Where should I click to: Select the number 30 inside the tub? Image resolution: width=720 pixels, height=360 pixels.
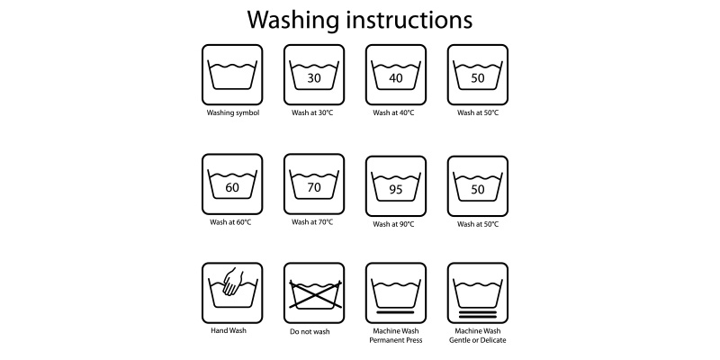314,78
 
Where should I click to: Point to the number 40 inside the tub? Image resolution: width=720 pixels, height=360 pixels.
396,78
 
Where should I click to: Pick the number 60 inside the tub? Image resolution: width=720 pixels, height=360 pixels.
232,188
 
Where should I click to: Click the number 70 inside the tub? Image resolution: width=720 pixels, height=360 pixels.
314,188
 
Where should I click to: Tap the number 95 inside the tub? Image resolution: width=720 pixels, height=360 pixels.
396,190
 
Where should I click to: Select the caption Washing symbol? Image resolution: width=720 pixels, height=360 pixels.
233,113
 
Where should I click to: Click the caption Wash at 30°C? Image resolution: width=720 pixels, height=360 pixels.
312,113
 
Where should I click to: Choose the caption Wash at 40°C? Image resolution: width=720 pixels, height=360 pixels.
393,113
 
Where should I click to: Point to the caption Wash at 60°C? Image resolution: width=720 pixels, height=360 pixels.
230,222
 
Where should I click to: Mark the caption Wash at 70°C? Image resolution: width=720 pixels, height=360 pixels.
312,222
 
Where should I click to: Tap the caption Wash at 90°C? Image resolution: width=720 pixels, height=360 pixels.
393,224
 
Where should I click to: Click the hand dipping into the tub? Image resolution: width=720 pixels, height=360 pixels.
233,282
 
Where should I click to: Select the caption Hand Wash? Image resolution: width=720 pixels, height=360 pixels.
229,330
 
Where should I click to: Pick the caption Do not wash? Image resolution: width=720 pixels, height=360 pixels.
310,331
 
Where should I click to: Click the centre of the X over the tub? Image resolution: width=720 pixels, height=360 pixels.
316,294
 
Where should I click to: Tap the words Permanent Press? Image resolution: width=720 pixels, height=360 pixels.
396,340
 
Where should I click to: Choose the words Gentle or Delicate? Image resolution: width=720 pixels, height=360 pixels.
478,340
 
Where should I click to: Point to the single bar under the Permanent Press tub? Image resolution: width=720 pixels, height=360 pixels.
395,312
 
